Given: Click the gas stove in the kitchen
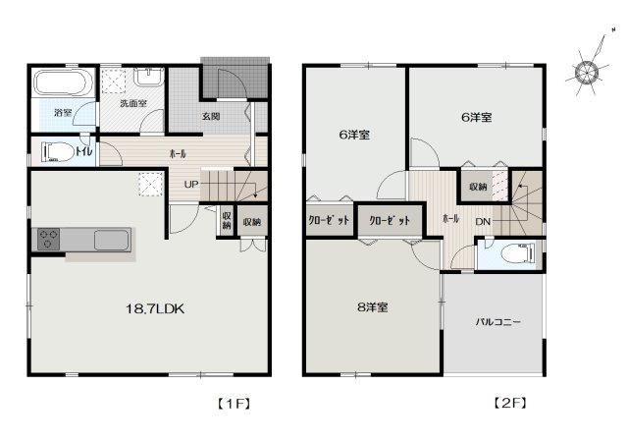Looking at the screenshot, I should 50,239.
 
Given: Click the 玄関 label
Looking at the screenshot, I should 211,116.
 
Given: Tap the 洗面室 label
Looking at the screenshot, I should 132,102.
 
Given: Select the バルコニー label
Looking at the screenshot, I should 497,321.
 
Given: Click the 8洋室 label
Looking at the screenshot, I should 372,307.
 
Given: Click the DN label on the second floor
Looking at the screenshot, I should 484,221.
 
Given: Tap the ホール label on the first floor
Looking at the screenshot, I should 179,154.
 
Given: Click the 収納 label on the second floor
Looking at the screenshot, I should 478,186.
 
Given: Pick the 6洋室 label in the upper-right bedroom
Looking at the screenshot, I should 476,117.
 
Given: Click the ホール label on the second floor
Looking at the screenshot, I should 451,218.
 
